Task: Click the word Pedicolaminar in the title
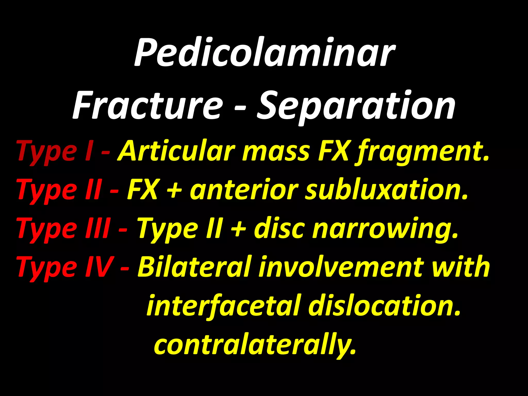tap(264, 53)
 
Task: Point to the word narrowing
tap(385, 229)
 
